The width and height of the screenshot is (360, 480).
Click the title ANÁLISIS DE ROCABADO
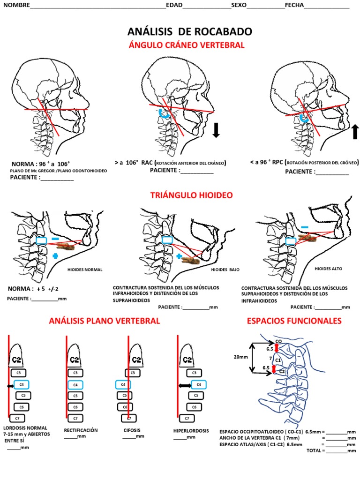point(189,32)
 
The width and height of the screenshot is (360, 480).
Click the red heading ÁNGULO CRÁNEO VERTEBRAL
point(186,45)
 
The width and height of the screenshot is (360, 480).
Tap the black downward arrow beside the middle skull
point(216,130)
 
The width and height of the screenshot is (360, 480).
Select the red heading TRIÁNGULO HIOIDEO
point(191,195)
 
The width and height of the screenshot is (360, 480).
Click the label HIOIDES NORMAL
point(85,270)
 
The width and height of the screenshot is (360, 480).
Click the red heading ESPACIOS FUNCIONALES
point(294,321)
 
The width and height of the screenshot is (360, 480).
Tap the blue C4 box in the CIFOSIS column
point(123,385)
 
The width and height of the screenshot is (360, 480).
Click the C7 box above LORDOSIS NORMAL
point(17,418)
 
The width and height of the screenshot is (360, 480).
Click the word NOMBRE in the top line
point(16,5)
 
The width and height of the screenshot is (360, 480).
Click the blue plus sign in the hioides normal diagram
point(55,256)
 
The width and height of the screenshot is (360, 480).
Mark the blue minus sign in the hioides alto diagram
point(305,227)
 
